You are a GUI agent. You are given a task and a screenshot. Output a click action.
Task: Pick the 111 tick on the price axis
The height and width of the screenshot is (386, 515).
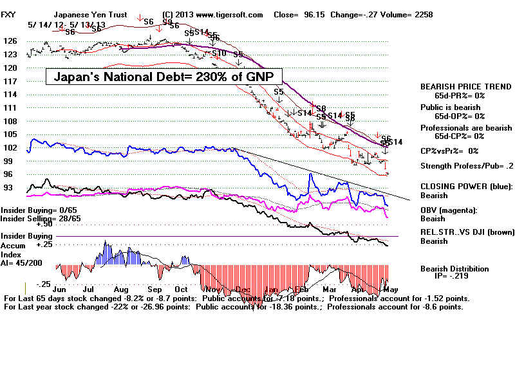[x=10, y=108]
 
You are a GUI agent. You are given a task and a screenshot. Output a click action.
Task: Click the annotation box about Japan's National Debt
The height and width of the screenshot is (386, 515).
[x=164, y=77]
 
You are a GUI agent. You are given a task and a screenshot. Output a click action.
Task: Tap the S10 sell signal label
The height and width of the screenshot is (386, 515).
[x=219, y=53]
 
